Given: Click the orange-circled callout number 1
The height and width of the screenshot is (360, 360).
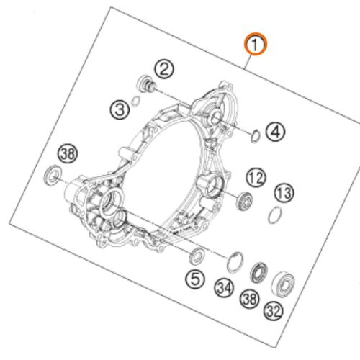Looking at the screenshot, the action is pyautogui.click(x=256, y=45).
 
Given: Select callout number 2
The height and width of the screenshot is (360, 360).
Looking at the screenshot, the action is pyautogui.click(x=164, y=69).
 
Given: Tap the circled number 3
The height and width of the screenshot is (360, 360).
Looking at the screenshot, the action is pyautogui.click(x=120, y=109).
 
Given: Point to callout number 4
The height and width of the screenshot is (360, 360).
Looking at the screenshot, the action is pyautogui.click(x=275, y=132).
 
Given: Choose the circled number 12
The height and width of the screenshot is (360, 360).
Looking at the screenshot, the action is pyautogui.click(x=256, y=178).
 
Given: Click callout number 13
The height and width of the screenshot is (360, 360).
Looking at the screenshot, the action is pyautogui.click(x=284, y=194).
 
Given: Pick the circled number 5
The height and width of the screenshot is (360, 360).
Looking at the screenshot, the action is pyautogui.click(x=195, y=279).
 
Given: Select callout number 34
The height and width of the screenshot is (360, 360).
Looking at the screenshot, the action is pyautogui.click(x=224, y=288).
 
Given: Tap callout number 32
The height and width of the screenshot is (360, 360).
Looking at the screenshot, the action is pyautogui.click(x=274, y=311).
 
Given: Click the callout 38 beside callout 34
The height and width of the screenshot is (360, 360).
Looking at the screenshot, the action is pyautogui.click(x=250, y=299).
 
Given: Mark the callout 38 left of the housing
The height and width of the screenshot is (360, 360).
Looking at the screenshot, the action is pyautogui.click(x=68, y=153).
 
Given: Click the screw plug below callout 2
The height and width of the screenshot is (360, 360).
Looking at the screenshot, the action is pyautogui.click(x=146, y=84).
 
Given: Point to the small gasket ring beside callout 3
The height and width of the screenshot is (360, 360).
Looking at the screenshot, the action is pyautogui.click(x=136, y=101).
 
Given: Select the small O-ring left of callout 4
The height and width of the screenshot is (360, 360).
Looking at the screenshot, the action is pyautogui.click(x=256, y=136).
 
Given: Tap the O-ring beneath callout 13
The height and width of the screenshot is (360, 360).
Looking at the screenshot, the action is pyautogui.click(x=275, y=215).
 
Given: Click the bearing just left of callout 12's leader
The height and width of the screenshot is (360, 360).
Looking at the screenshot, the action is pyautogui.click(x=245, y=201).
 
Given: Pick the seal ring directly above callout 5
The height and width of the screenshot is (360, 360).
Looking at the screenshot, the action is pyautogui.click(x=197, y=256).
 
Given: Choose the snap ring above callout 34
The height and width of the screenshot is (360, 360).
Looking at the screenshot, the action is pyautogui.click(x=235, y=262).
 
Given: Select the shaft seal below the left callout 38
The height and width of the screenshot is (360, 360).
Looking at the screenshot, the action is pyautogui.click(x=53, y=175).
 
